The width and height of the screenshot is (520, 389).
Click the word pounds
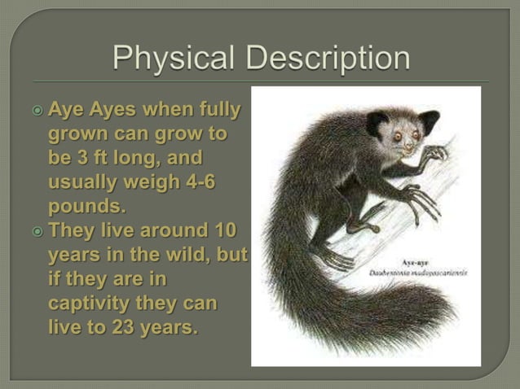(x=87, y=206)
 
